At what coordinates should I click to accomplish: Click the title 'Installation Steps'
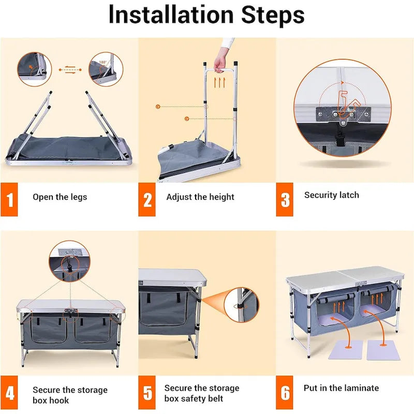[x=206, y=16]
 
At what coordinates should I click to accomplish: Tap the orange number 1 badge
[x=9, y=199]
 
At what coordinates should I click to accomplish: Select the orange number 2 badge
[x=147, y=199]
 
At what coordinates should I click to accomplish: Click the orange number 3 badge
[x=285, y=199]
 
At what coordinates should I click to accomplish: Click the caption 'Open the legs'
[x=60, y=197]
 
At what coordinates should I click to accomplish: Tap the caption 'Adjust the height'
[x=200, y=197]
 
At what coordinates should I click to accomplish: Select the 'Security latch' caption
[x=331, y=195]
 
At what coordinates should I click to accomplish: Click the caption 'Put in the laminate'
[x=341, y=388]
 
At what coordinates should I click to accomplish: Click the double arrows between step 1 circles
[x=69, y=69]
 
